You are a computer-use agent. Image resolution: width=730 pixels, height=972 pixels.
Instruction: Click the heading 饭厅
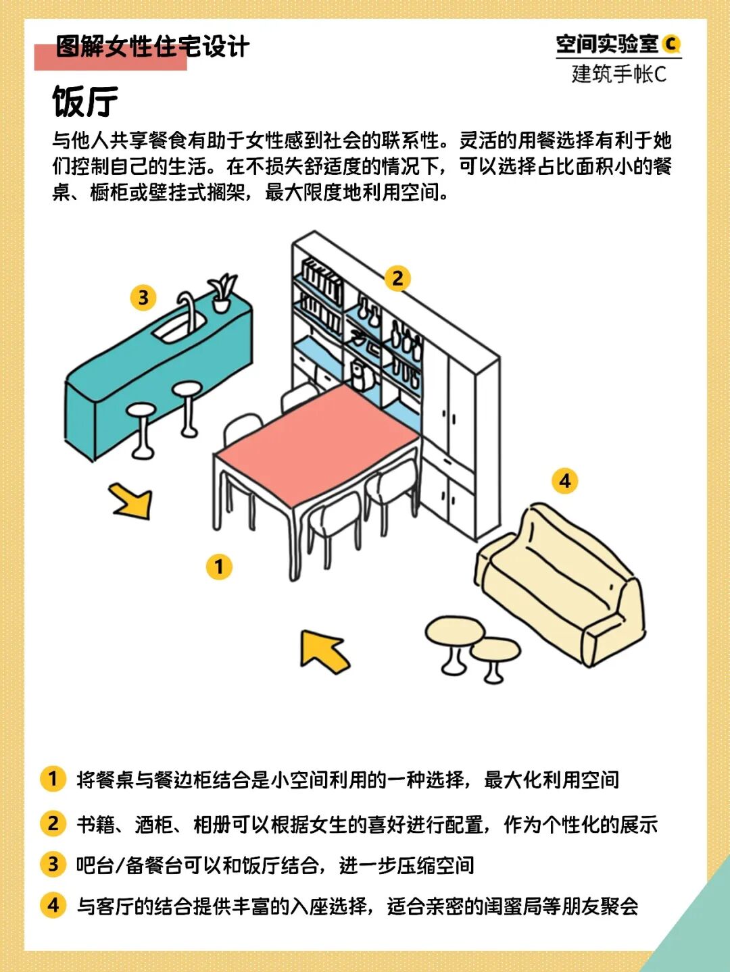tap(85, 101)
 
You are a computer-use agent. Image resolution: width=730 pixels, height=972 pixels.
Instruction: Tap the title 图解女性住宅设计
tap(153, 46)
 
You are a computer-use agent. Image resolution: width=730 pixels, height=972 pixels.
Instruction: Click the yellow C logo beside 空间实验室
tap(671, 44)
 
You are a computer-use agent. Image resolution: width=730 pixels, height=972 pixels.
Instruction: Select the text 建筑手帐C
tap(619, 74)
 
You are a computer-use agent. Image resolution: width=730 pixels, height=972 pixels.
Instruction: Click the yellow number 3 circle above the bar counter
tap(143, 297)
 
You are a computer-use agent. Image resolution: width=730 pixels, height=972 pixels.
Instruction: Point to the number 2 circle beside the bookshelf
tap(397, 278)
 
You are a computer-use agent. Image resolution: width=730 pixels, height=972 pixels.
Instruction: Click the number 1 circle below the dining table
tap(219, 566)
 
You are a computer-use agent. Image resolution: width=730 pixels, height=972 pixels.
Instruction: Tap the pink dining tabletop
tap(317, 444)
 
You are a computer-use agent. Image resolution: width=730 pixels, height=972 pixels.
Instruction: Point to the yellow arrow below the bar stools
tap(132, 501)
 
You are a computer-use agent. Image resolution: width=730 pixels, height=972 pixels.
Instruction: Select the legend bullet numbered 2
tap(53, 823)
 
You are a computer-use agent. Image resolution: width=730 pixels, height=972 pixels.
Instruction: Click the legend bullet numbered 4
tap(53, 904)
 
